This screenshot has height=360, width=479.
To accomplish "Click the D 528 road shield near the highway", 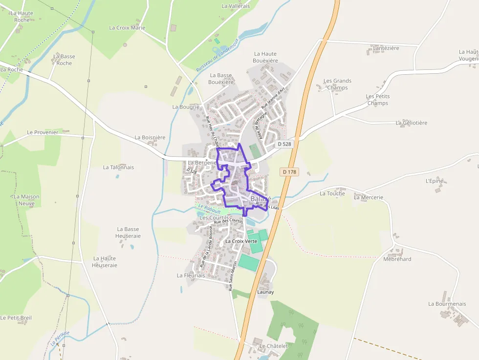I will (x=285, y=144).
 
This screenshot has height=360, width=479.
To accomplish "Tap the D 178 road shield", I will (x=289, y=172).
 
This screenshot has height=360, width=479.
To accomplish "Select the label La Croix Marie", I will (x=127, y=28).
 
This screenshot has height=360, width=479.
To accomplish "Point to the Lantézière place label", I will (x=386, y=48).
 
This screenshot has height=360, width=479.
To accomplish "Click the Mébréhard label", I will (x=397, y=259).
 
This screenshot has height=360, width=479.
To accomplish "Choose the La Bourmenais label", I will (x=447, y=304).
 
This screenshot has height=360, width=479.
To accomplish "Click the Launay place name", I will (x=265, y=292).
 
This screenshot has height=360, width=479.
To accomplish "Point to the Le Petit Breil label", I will (x=16, y=318).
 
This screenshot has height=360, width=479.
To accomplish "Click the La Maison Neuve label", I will (x=26, y=200).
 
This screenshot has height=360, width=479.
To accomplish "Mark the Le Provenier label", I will (x=43, y=132).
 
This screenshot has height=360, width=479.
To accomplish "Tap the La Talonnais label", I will (x=118, y=167).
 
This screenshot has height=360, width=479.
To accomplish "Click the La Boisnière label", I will (x=150, y=138).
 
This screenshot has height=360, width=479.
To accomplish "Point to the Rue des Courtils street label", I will (x=228, y=221).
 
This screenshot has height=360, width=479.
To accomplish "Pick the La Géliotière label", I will (x=412, y=123).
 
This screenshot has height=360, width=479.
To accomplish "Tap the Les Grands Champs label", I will (x=337, y=84).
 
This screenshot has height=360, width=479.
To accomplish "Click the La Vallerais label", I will (x=236, y=6).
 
